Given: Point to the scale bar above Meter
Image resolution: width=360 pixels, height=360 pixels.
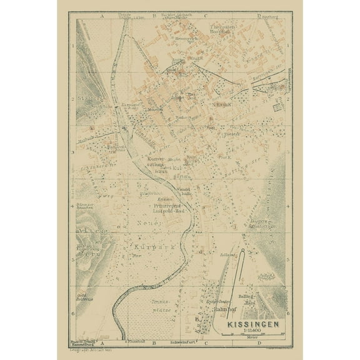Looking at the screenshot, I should (254, 332).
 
